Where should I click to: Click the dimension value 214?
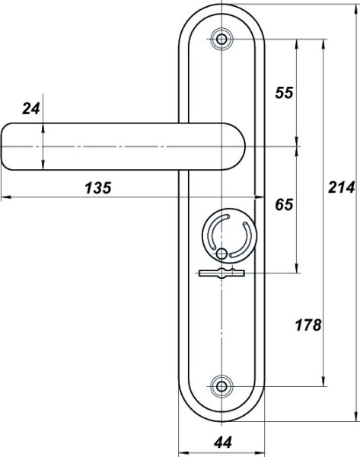coord(342,187)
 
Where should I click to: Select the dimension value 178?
coord(308,325)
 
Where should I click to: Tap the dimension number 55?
coord(284,93)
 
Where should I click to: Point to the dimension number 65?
coord(284,204)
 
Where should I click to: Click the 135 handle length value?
coord(98,187)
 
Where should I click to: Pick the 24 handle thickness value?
coord(31,109)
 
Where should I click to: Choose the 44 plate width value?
coord(223,443)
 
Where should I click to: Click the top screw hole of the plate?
coord(221,39)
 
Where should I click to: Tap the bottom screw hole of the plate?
coord(221,386)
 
